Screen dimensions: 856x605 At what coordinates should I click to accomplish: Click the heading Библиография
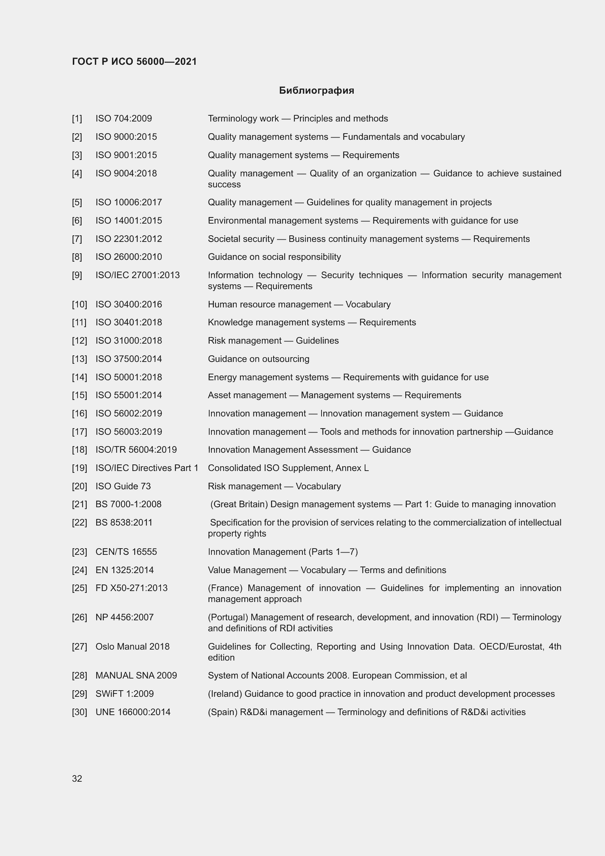(316, 91)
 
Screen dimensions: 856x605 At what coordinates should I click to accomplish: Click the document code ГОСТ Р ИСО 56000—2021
(134, 61)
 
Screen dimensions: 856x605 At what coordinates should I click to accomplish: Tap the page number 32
(77, 778)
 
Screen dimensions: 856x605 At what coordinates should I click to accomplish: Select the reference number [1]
(77, 119)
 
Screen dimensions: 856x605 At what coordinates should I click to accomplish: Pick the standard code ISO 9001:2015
(126, 155)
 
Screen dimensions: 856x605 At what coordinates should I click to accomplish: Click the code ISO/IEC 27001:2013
(138, 275)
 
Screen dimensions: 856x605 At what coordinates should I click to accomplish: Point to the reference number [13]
(79, 359)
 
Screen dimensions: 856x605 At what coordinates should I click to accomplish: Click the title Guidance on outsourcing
(259, 359)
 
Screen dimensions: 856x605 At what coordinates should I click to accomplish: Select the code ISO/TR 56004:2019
(136, 450)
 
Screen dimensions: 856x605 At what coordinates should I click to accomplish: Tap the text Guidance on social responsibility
(274, 257)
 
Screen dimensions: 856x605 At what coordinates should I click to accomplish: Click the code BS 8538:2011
(124, 522)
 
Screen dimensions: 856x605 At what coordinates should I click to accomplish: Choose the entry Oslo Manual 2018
(132, 646)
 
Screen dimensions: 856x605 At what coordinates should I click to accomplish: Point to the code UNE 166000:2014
(133, 712)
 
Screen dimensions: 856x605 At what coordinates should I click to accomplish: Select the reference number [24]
(79, 570)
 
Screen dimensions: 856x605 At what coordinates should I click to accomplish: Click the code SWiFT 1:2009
(124, 694)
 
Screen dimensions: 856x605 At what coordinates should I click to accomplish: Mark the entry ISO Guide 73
(123, 486)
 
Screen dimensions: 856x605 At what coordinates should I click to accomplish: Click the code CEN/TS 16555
(126, 552)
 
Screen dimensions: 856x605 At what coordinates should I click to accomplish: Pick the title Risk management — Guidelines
(273, 341)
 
